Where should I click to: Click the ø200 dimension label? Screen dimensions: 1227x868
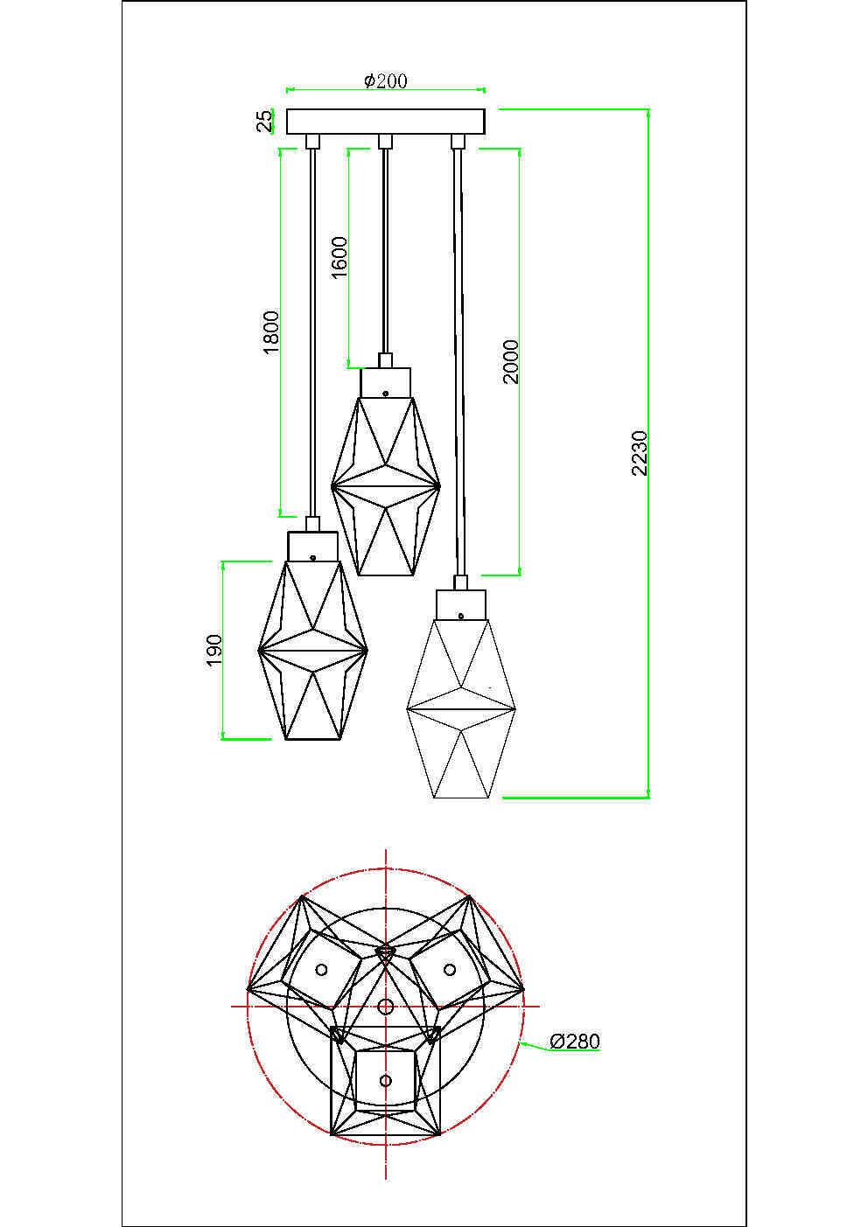click(x=385, y=80)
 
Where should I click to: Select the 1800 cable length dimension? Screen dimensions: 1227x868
click(x=271, y=331)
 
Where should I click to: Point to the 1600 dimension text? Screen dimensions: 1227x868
click(x=339, y=257)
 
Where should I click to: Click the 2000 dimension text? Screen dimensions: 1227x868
click(x=511, y=361)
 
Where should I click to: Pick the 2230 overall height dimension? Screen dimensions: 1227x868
click(x=640, y=452)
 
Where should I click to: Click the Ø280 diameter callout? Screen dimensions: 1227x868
click(x=575, y=1041)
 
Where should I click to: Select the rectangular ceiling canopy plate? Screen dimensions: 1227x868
click(x=386, y=121)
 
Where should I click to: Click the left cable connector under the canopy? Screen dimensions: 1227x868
click(x=311, y=141)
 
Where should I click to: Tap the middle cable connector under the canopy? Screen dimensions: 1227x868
click(x=383, y=141)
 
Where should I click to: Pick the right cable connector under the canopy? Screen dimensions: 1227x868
click(x=456, y=141)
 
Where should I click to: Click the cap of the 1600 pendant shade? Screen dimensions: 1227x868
click(x=385, y=382)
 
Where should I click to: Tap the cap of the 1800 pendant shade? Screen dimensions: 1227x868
click(x=312, y=547)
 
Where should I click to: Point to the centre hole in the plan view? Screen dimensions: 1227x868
click(x=385, y=1007)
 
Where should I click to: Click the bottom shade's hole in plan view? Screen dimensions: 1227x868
click(x=385, y=1081)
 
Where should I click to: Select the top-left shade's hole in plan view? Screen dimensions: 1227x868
click(x=321, y=969)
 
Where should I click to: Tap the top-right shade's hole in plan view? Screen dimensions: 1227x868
click(x=449, y=969)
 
